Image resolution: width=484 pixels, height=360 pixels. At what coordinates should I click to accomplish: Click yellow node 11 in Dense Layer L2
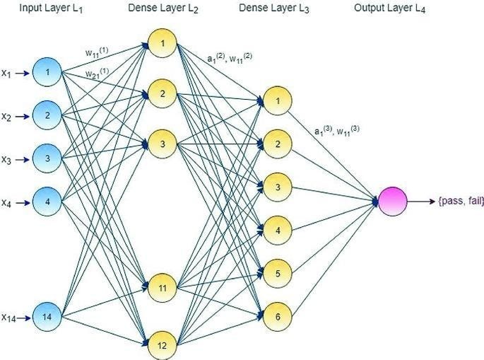pyautogui.click(x=162, y=288)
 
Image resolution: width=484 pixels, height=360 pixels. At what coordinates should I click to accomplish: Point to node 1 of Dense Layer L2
pyautogui.click(x=162, y=42)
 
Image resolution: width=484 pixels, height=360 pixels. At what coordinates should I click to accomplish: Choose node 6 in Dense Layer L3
pyautogui.click(x=278, y=316)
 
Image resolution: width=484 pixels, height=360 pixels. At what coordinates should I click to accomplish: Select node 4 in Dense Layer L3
pyautogui.click(x=278, y=230)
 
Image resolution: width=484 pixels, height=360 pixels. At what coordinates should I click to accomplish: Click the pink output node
pyautogui.click(x=393, y=202)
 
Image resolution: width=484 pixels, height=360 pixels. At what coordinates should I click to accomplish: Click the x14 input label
pyautogui.click(x=8, y=317)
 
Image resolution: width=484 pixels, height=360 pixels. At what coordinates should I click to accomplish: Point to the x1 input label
pyautogui.click(x=6, y=73)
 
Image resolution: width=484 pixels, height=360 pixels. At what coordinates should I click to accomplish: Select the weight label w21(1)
pyautogui.click(x=97, y=73)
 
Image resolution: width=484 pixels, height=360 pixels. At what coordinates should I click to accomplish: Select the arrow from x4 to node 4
pyautogui.click(x=23, y=202)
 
